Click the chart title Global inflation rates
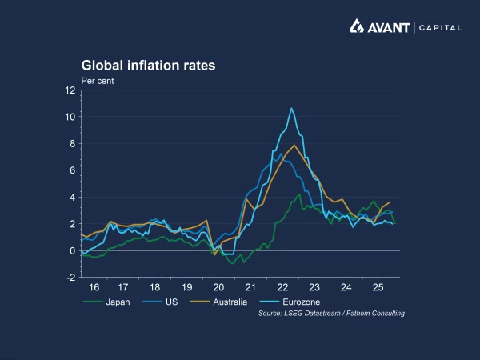pyautogui.click(x=148, y=66)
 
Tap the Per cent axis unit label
pyautogui.click(x=98, y=81)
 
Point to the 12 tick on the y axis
pyautogui.click(x=70, y=90)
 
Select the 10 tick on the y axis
pyautogui.click(x=70, y=117)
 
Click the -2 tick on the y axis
pyautogui.click(x=70, y=278)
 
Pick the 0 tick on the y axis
pyautogui.click(x=72, y=250)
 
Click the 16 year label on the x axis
pyautogui.click(x=94, y=286)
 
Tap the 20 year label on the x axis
pyautogui.click(x=218, y=286)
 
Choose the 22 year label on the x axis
pyautogui.click(x=283, y=286)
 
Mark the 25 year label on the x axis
pyautogui.click(x=378, y=286)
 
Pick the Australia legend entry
pyautogui.click(x=230, y=302)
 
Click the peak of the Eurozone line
pyautogui.click(x=291, y=108)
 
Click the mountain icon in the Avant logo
pyautogui.click(x=357, y=26)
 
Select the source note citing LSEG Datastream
pyautogui.click(x=331, y=313)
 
